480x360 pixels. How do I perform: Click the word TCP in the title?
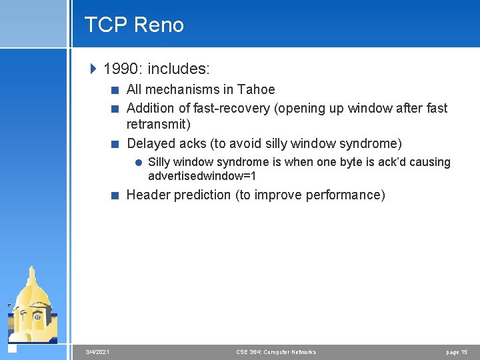pos(106,25)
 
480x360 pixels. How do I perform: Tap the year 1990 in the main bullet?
pos(122,68)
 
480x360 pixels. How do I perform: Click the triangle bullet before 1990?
pos(93,68)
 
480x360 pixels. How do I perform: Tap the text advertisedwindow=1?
pos(202,177)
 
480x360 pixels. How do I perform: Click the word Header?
pos(147,195)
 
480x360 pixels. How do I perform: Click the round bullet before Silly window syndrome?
pos(138,162)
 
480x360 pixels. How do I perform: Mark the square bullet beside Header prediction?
pos(116,195)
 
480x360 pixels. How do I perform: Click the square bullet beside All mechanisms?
pos(116,90)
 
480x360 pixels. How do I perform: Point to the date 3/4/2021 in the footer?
pos(98,352)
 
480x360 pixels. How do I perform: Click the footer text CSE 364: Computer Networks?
pos(276,352)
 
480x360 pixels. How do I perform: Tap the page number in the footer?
pos(457,352)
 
